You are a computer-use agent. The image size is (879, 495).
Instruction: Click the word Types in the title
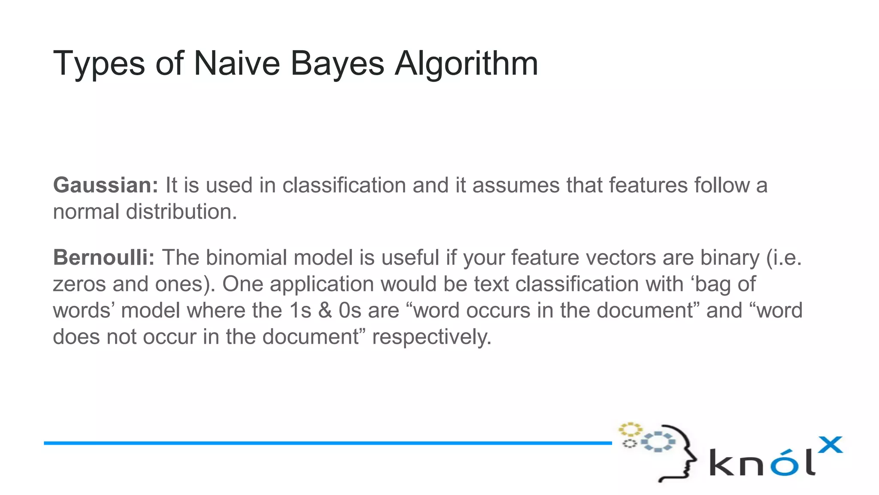tap(99, 64)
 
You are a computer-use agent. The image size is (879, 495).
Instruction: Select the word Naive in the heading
tap(236, 64)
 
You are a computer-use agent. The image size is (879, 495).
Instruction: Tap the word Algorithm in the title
tap(466, 64)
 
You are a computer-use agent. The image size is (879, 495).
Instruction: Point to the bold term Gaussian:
tap(106, 185)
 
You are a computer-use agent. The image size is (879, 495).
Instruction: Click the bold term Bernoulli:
tap(103, 258)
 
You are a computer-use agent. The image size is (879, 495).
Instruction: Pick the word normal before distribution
tap(85, 212)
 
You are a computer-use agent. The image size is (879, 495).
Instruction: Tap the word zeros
tap(79, 284)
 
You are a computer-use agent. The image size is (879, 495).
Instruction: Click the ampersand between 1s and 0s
tap(325, 311)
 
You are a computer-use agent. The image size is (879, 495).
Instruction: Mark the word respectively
tap(431, 337)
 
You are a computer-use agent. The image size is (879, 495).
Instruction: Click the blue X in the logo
tap(830, 445)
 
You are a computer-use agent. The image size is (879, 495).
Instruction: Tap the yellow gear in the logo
tap(630, 429)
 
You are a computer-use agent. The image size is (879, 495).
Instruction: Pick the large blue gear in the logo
tap(658, 441)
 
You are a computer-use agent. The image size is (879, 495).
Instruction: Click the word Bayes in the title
tap(337, 64)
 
